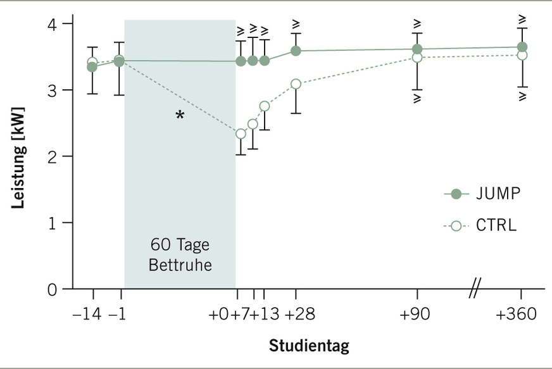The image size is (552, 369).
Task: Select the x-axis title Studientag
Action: point(309,346)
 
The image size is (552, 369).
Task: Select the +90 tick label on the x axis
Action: point(417,315)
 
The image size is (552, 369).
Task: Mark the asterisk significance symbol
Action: point(180,116)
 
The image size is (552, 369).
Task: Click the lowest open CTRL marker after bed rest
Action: point(241,134)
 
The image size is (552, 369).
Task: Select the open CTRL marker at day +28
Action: point(296,84)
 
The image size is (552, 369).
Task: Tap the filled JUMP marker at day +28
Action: point(296,51)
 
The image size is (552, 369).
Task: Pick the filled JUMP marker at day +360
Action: point(522,47)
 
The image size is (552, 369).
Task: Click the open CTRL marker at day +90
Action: point(417,58)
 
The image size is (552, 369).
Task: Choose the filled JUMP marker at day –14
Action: point(92,67)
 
